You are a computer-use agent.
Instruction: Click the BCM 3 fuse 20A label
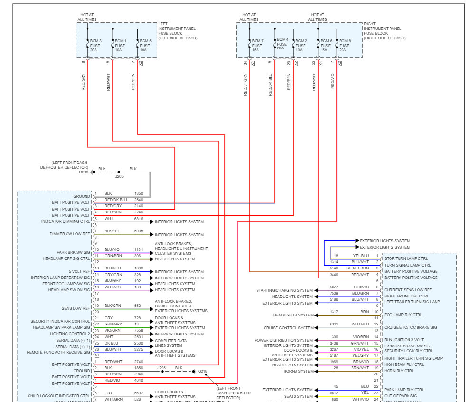coord(94,45)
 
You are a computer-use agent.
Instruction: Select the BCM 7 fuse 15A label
coord(257,45)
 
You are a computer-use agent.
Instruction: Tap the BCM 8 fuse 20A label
coord(345,45)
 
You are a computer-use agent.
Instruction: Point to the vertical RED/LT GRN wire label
coord(246,84)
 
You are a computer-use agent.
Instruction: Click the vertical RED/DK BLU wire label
coord(270,84)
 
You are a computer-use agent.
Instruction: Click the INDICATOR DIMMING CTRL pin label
coord(66,221)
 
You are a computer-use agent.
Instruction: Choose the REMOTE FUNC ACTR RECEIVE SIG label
coord(58,352)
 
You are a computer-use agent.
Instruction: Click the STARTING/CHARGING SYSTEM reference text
coord(285,290)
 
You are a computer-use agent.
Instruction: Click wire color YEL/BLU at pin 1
coord(361,256)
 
